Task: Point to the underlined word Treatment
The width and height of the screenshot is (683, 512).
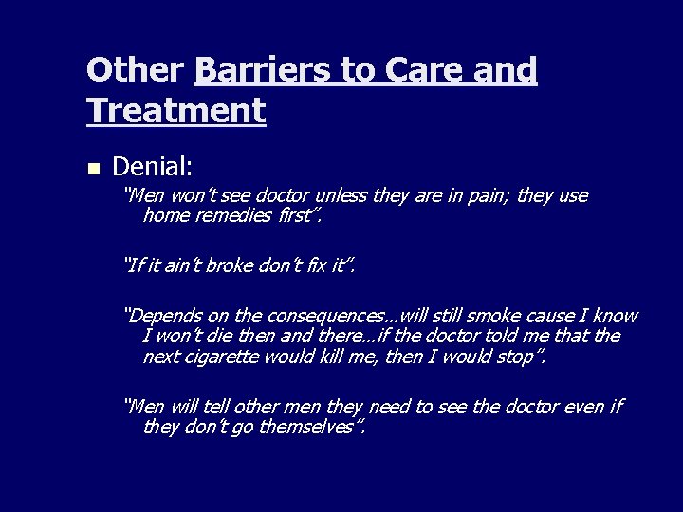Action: click(x=175, y=112)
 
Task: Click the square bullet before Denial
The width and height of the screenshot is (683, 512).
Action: click(x=92, y=169)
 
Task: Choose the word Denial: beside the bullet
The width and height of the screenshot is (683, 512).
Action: click(x=153, y=167)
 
